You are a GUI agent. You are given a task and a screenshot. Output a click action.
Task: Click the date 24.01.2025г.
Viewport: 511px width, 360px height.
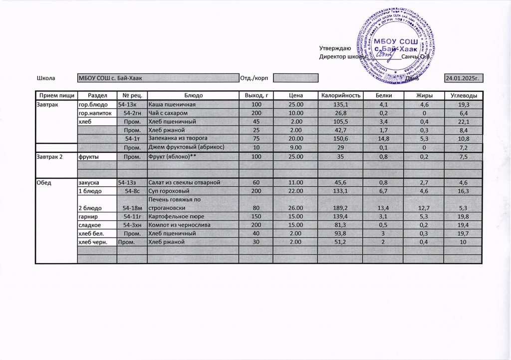coord(463,78)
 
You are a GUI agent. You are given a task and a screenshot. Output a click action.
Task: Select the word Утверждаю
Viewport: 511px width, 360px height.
coord(335,48)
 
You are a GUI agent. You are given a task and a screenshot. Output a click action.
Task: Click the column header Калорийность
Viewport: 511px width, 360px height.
coord(340,95)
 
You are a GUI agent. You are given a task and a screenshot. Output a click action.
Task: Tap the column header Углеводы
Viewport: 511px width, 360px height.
coord(464,95)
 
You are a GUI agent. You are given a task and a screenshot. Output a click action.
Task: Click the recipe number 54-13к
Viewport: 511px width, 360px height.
coord(127,105)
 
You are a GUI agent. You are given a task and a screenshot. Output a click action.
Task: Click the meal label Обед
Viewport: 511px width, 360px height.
coord(44,182)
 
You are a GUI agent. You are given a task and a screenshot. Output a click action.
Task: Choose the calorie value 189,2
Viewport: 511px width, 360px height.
coord(340,208)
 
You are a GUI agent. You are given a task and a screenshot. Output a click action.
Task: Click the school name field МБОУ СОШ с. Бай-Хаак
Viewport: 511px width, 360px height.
coord(158,78)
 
